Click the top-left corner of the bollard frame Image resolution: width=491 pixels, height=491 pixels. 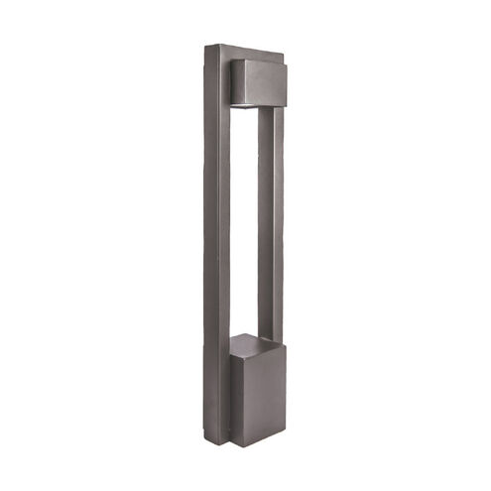[204, 46]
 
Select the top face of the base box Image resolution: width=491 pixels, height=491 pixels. [252, 343]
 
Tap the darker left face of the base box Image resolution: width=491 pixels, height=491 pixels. [241, 397]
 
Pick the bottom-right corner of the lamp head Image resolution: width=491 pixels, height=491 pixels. [288, 99]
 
